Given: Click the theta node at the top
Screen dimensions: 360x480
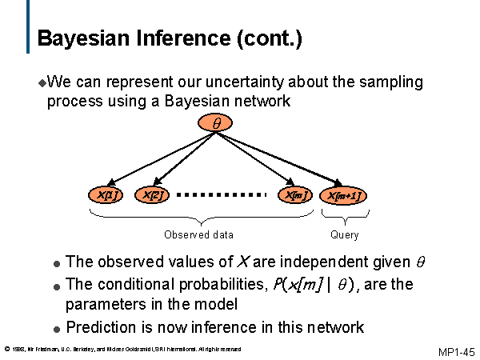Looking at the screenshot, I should point(215,123).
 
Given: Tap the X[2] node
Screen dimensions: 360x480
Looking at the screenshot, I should point(152,194).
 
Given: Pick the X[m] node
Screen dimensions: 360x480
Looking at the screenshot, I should point(294,194).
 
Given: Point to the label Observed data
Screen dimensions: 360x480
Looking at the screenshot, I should point(198,234).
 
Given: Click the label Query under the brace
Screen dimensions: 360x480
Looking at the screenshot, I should point(344,234).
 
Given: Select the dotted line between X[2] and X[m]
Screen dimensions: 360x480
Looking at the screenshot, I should point(221,194).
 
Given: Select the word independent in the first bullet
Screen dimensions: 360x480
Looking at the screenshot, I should point(314,262).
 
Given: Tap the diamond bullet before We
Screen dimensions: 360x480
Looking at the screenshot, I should point(42,82).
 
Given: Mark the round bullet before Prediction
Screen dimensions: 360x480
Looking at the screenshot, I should point(56,329).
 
